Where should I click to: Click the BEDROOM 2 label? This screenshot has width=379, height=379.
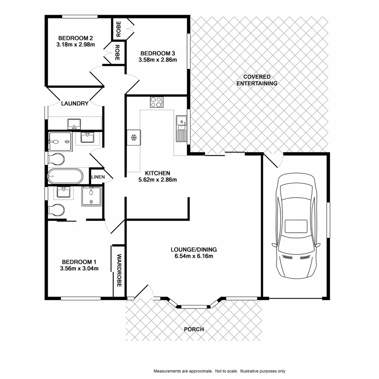click(x=75, y=38)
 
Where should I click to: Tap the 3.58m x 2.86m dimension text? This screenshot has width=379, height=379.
click(x=158, y=60)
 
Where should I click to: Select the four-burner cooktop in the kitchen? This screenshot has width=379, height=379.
click(x=157, y=102)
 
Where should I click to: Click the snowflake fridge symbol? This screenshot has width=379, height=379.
click(x=133, y=138)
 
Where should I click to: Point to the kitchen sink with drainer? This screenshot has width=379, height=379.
click(x=181, y=128)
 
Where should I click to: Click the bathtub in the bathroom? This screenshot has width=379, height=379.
click(x=65, y=177)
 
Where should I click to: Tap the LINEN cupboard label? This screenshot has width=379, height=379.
click(x=98, y=177)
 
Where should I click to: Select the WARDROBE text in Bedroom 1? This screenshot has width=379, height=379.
click(x=119, y=271)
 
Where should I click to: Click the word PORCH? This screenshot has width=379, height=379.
click(x=194, y=329)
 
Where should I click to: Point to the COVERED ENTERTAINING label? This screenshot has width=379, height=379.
click(x=257, y=80)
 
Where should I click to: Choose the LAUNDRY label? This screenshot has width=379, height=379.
click(x=75, y=104)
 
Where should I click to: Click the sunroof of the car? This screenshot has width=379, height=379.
click(x=296, y=226)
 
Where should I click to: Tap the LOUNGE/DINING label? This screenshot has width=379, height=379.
click(x=194, y=250)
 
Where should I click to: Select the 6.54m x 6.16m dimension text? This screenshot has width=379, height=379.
click(x=194, y=256)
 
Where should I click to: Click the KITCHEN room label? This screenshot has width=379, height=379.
click(x=158, y=173)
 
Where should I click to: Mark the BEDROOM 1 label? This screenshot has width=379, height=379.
click(x=79, y=262)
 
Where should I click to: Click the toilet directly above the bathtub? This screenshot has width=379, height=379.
click(x=56, y=159)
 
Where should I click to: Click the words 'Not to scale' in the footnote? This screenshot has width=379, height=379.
click(x=226, y=371)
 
